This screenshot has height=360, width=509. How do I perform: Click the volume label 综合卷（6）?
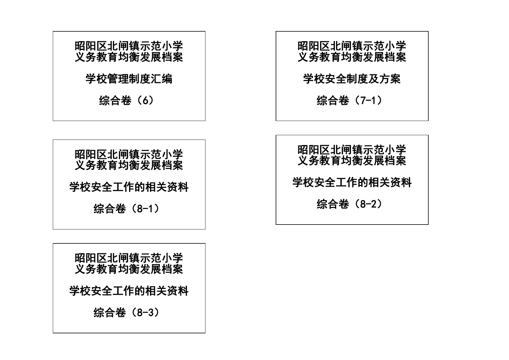[127, 101]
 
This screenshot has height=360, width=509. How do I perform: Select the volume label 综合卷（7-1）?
[350, 101]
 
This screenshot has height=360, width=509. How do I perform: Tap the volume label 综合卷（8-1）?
[127, 209]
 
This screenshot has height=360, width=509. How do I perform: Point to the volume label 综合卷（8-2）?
[350, 204]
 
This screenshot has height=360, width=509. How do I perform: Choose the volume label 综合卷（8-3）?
[127, 313]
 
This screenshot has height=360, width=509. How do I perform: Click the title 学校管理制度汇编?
[129, 79]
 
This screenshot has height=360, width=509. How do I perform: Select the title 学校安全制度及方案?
[352, 79]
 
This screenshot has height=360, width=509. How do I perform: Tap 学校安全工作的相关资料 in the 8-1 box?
[129, 187]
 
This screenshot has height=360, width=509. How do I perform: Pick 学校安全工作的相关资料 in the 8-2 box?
[352, 182]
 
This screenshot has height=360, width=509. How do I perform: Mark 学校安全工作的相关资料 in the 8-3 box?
[129, 291]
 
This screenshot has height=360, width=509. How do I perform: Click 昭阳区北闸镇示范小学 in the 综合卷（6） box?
[129, 46]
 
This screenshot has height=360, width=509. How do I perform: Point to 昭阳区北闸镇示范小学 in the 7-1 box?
[352, 46]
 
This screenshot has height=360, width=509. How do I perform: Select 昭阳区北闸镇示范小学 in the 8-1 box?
[129, 154]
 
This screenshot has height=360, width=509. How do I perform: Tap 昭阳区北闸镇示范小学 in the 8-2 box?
[352, 150]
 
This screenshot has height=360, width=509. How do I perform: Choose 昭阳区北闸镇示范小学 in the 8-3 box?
[129, 258]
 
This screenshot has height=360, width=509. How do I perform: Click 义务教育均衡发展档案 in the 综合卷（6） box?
[129, 57]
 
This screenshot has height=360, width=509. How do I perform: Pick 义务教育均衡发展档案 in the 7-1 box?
[352, 57]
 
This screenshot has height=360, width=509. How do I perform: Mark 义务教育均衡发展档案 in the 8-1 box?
[129, 165]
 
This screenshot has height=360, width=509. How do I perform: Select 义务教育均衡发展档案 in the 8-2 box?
[352, 161]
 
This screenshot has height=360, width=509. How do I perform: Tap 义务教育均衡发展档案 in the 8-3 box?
[129, 269]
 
